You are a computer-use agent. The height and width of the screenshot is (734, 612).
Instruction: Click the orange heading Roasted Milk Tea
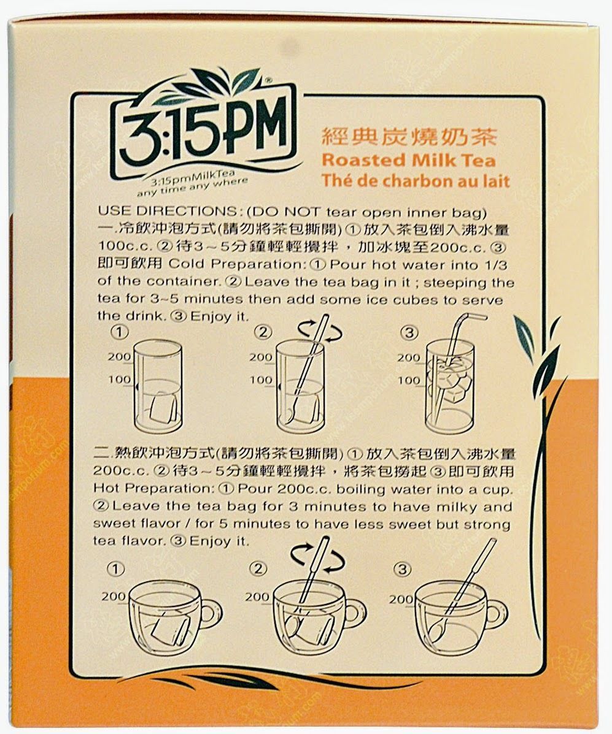point(408,160)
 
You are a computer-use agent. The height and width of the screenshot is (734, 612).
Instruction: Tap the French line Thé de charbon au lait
point(415,181)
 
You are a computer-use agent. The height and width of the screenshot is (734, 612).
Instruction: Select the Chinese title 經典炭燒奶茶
point(409,137)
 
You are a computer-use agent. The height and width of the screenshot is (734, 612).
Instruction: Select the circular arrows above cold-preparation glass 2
point(320,331)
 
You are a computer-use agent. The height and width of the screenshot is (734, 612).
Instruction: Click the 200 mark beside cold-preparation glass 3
point(409,357)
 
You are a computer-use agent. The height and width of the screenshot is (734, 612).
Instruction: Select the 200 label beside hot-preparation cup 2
point(257,597)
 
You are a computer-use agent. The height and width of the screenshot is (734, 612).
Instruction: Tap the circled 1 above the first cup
point(116,569)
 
